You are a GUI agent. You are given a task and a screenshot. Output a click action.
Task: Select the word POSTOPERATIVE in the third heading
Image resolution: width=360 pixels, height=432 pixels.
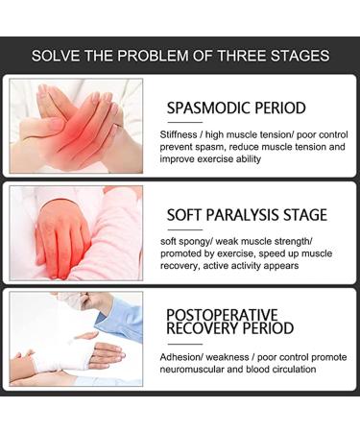click(223, 315)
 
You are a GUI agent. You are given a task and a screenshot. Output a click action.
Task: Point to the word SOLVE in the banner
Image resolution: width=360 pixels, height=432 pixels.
click(56, 55)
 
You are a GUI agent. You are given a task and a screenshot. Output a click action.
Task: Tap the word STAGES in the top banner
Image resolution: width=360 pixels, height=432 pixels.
click(297, 55)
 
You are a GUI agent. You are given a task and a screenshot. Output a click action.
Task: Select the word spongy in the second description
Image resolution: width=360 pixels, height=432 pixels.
click(209, 241)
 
